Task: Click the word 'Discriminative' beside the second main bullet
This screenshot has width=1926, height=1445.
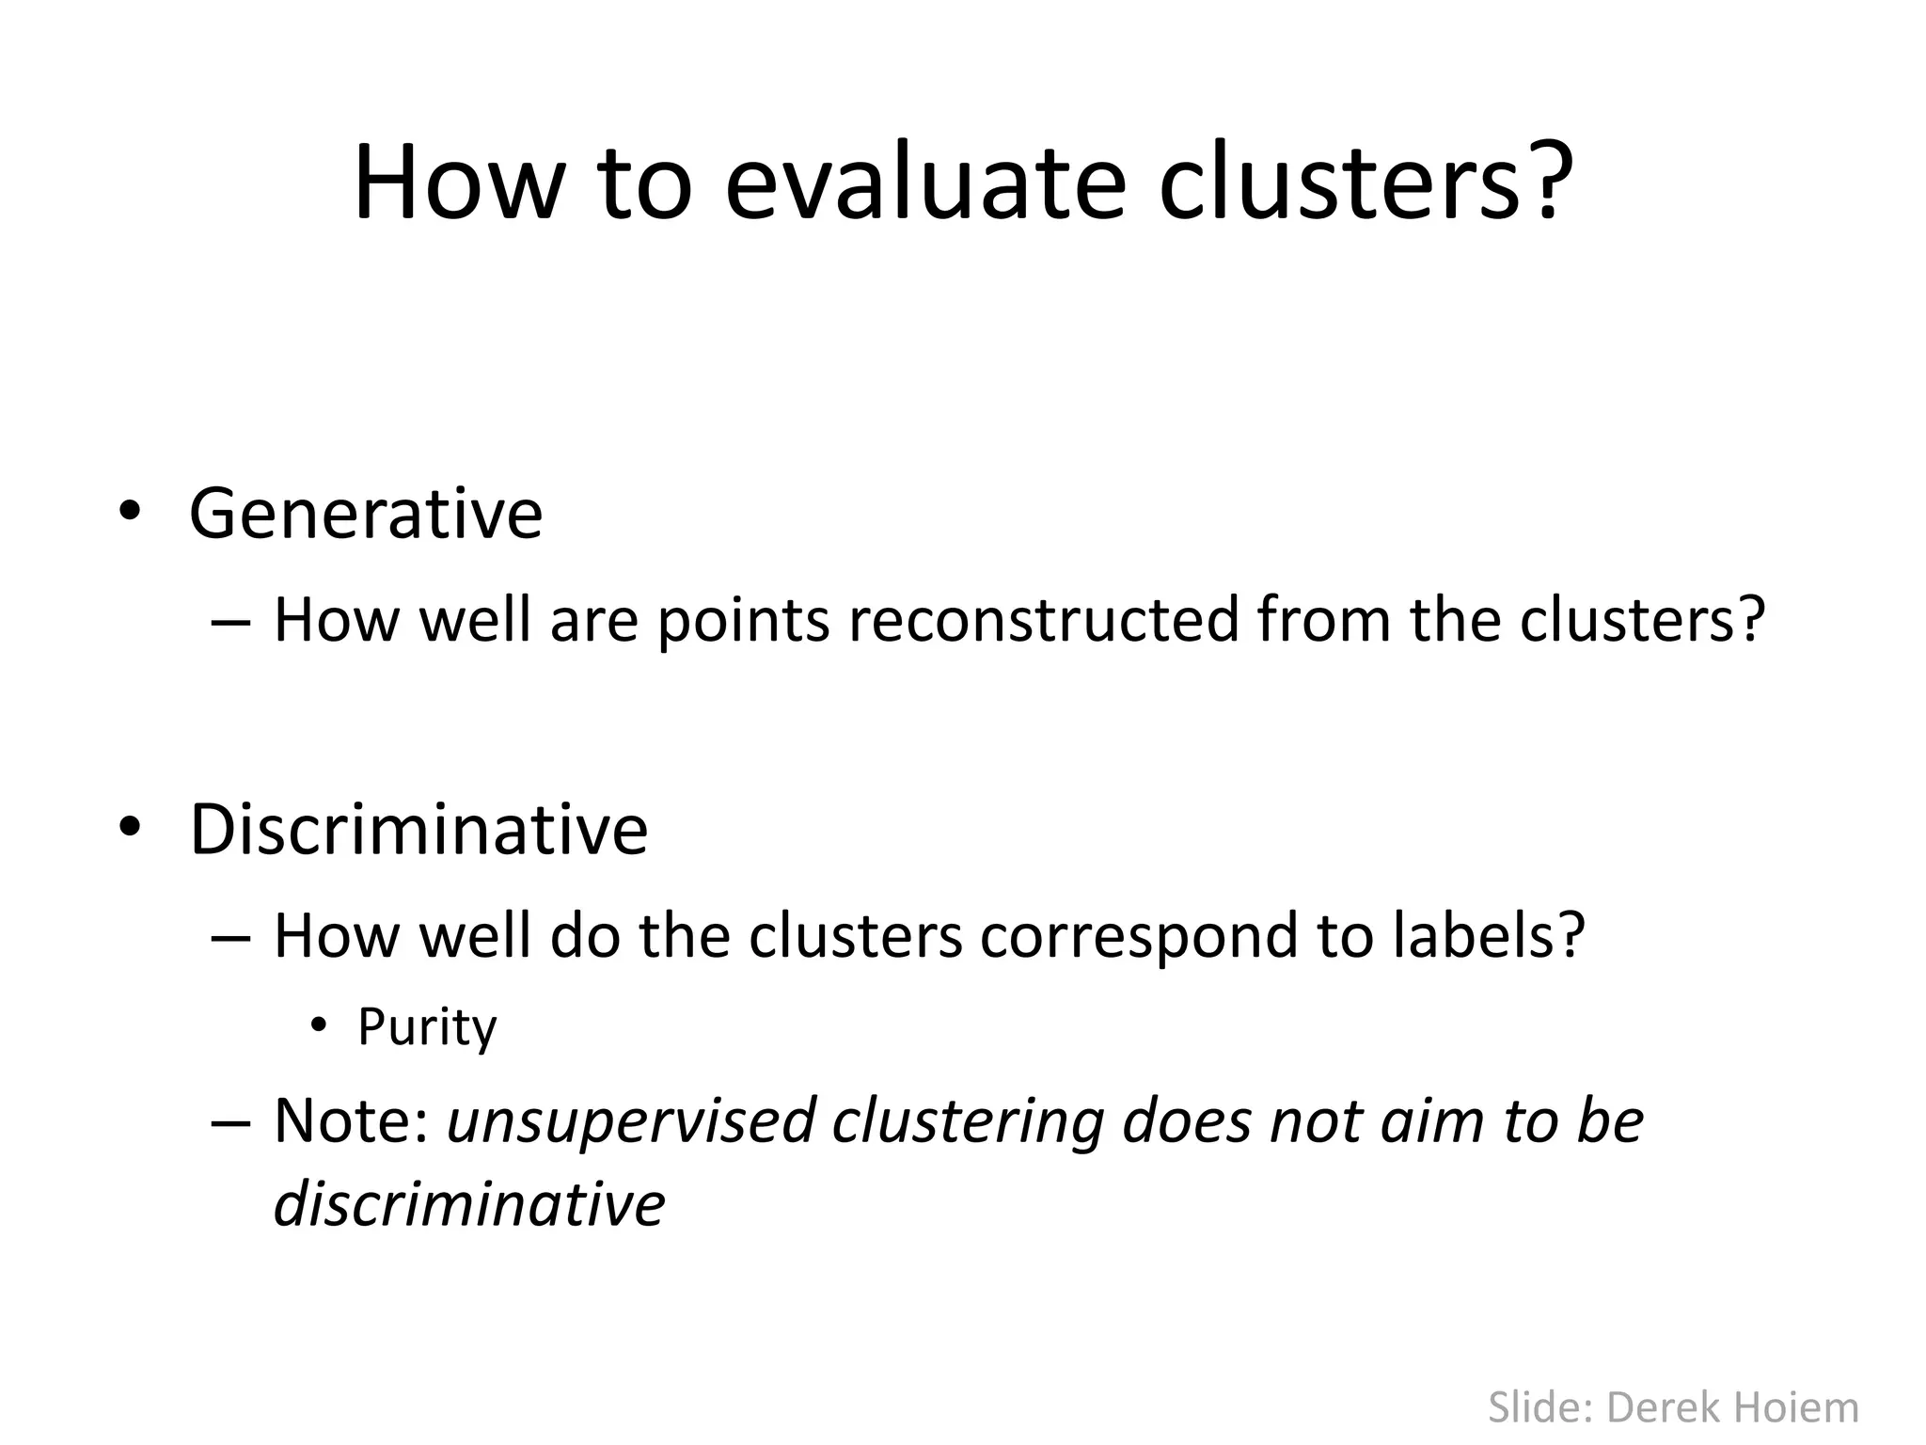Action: pos(418,830)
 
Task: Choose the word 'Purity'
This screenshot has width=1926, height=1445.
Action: pos(427,1028)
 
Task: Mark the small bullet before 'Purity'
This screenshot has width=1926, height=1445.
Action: pos(320,1025)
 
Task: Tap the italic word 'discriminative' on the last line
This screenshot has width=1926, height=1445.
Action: pos(469,1204)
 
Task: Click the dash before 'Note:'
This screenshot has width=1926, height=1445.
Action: pos(231,1123)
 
